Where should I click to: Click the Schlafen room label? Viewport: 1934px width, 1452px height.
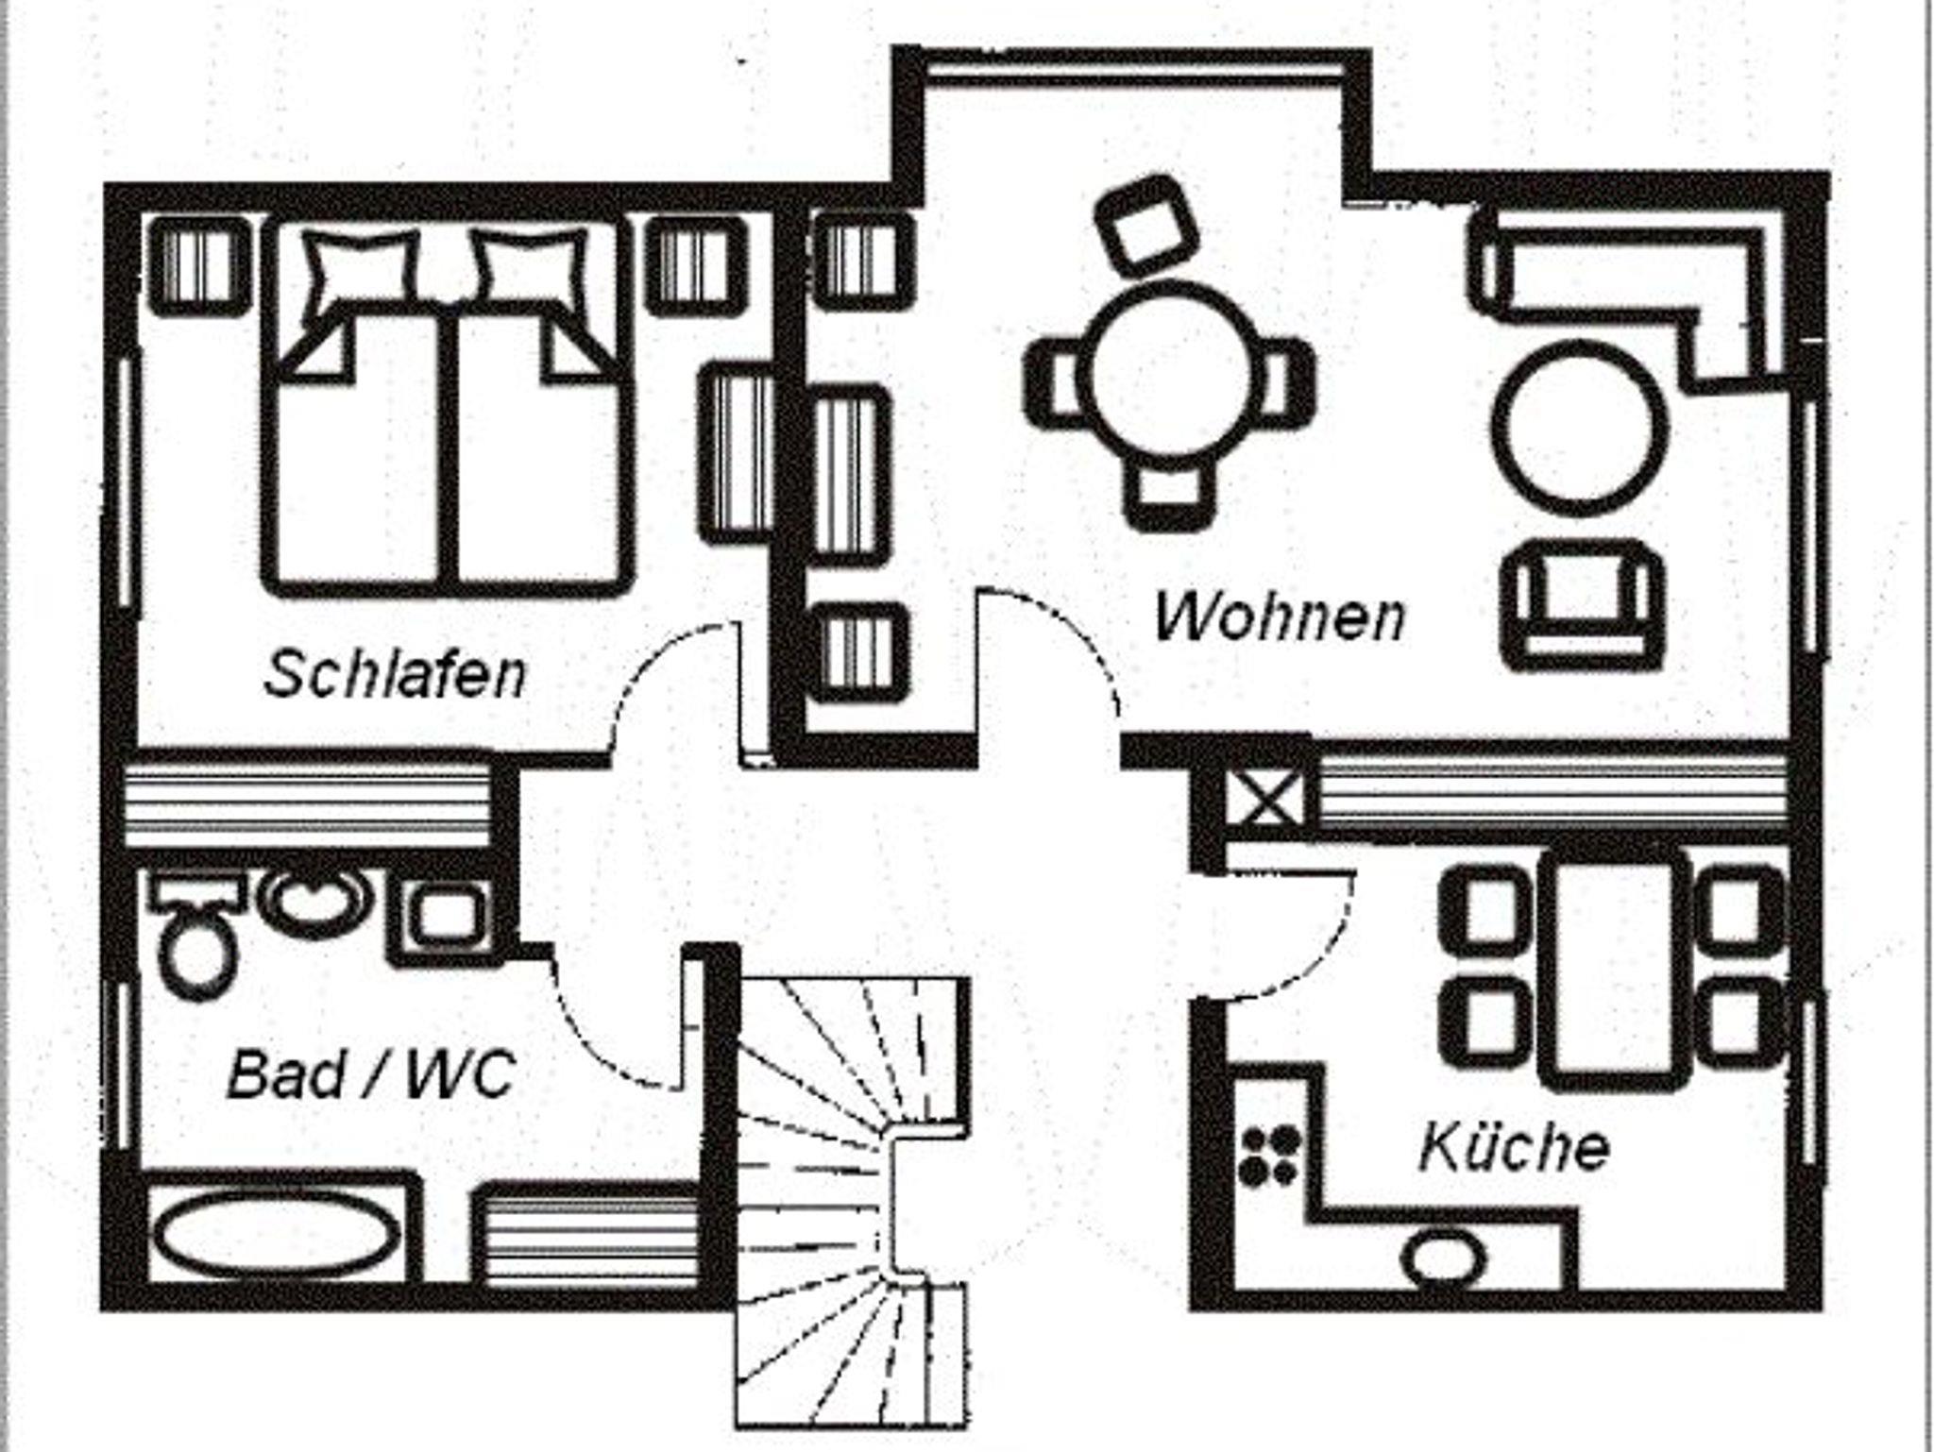395,674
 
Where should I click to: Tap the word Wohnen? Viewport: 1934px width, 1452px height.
1280,616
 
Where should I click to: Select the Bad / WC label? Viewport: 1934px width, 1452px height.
371,1074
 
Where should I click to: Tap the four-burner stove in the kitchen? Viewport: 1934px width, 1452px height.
1268,1156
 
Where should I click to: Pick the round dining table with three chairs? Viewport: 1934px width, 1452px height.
1169,375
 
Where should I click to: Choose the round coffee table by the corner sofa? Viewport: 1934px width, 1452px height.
1580,428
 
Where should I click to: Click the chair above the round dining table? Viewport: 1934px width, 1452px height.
1146,224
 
